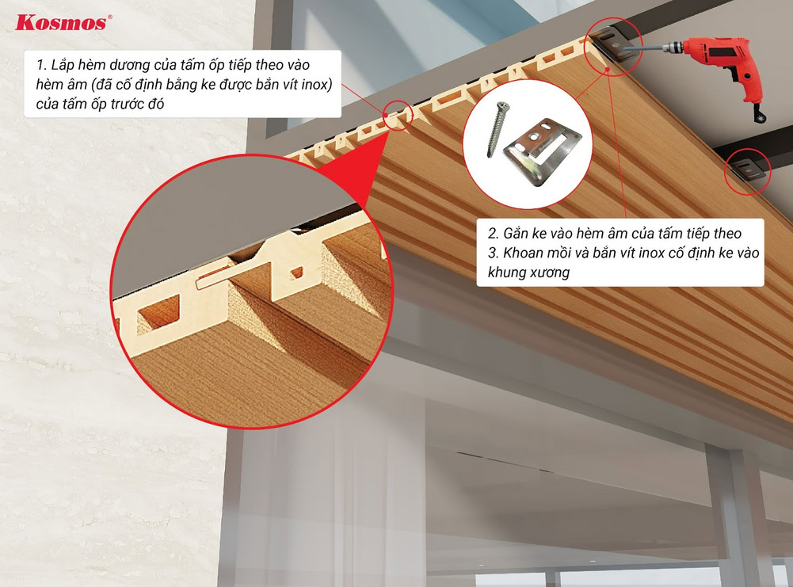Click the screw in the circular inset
click(x=498, y=129)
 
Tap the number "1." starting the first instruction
click(x=41, y=65)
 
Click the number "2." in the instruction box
click(x=493, y=234)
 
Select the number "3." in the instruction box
click(x=493, y=253)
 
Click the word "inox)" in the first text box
click(x=317, y=85)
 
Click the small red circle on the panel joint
click(x=398, y=116)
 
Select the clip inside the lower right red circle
click(x=748, y=170)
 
